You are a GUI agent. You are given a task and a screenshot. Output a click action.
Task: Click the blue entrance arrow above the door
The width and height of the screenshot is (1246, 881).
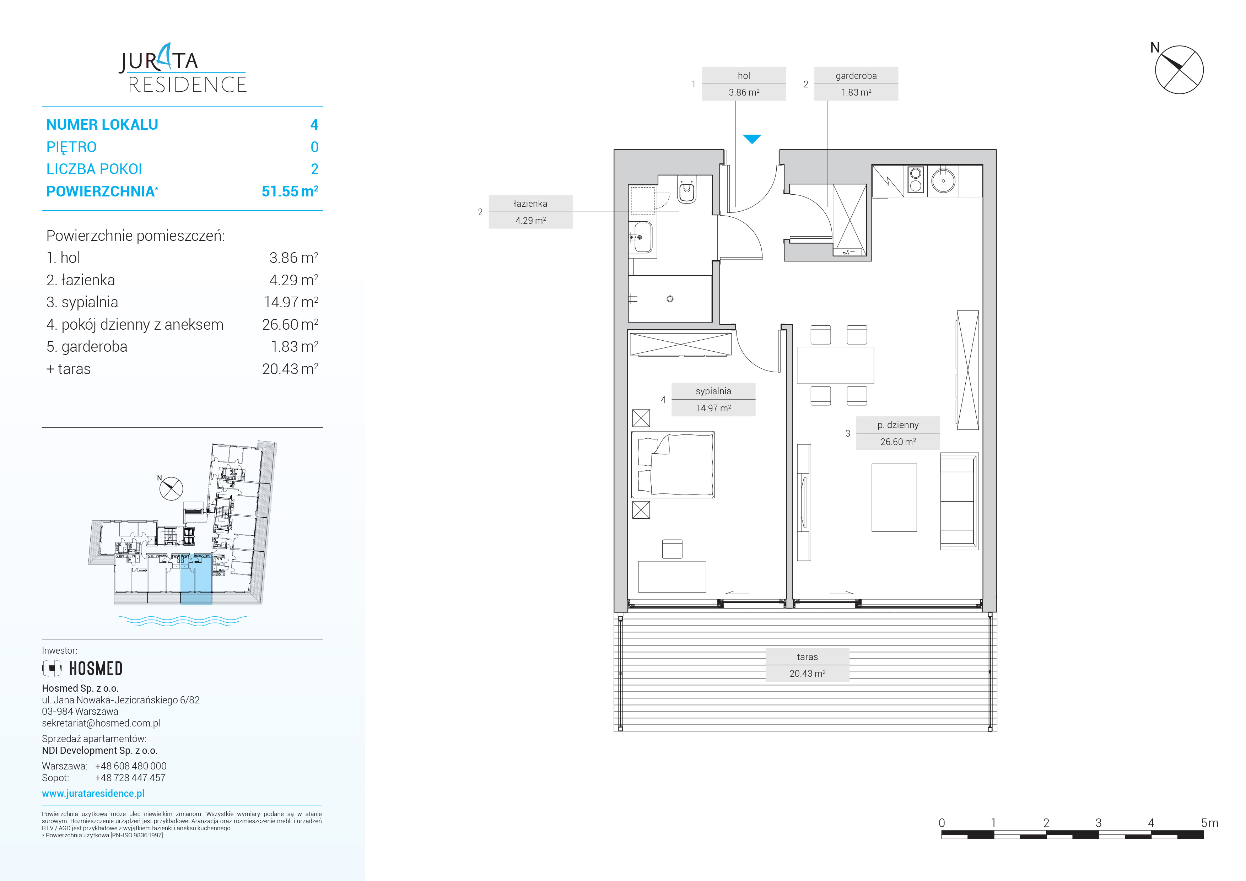pyautogui.click(x=752, y=139)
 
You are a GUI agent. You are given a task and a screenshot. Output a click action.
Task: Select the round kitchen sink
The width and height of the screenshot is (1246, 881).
pyautogui.click(x=943, y=181)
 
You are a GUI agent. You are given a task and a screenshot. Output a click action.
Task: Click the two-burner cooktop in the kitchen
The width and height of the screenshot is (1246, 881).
pyautogui.click(x=916, y=180)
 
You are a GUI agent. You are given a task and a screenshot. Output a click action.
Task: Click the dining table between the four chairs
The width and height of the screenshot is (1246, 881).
pyautogui.click(x=835, y=365)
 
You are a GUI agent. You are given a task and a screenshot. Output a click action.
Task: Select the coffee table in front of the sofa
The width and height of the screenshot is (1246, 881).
pyautogui.click(x=894, y=497)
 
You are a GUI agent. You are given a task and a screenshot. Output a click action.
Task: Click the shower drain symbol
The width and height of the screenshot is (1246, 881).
pyautogui.click(x=670, y=299)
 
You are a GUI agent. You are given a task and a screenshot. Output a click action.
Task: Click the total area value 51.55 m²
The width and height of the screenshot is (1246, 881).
pyautogui.click(x=290, y=191)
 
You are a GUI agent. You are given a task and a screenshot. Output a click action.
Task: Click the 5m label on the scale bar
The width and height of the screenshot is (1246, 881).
pyautogui.click(x=1210, y=823)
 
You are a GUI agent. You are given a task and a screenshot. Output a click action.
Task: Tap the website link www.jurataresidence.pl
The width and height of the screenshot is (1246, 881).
pyautogui.click(x=93, y=793)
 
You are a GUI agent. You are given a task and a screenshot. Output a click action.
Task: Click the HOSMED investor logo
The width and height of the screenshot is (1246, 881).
pyautogui.click(x=82, y=668)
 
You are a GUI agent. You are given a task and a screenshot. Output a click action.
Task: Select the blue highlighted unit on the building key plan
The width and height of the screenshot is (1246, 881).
pyautogui.click(x=196, y=579)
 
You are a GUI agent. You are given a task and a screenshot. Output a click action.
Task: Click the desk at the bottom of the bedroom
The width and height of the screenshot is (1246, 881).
pyautogui.click(x=672, y=577)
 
